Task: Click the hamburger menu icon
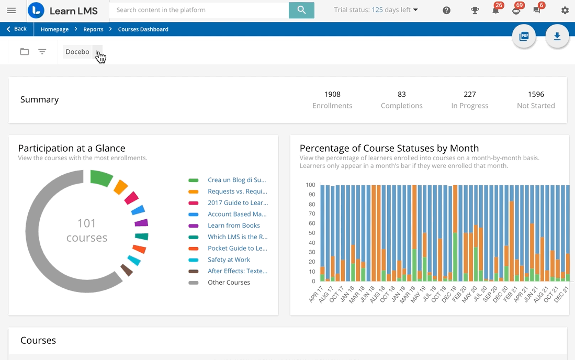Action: (x=12, y=10)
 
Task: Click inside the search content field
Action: (x=199, y=10)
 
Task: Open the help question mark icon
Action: (x=446, y=10)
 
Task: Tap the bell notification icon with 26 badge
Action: (x=495, y=10)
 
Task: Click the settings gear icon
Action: (x=565, y=10)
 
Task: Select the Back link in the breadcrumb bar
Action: (x=17, y=29)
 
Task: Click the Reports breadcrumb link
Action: (x=93, y=29)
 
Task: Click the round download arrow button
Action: (x=557, y=36)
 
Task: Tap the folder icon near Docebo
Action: (x=25, y=52)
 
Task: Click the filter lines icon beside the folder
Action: (x=42, y=52)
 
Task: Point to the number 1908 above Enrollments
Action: (x=332, y=95)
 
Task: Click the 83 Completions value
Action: (x=402, y=95)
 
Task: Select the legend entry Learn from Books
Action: (x=233, y=226)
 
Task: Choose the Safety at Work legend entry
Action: (x=229, y=260)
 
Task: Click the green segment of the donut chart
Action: (x=102, y=178)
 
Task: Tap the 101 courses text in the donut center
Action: (x=87, y=230)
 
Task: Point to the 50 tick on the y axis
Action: (x=310, y=233)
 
